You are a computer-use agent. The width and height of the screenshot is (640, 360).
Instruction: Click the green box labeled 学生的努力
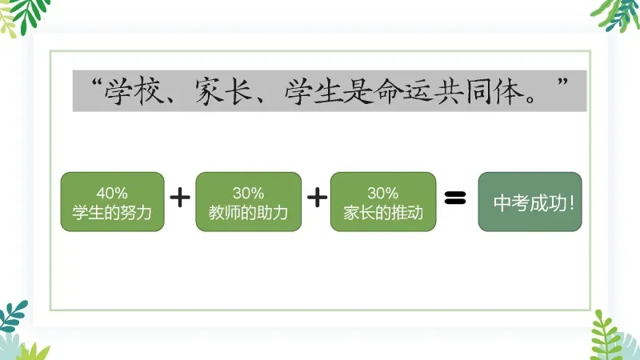112,202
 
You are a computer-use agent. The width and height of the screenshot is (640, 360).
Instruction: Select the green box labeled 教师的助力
248,202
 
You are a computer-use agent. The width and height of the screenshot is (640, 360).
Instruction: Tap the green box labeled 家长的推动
382,202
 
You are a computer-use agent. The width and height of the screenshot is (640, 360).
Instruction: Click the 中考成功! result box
530,202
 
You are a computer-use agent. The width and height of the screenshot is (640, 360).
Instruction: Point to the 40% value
112,193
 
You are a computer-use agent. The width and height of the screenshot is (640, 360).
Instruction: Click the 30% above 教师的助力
248,193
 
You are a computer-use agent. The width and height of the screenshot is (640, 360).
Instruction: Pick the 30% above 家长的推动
382,193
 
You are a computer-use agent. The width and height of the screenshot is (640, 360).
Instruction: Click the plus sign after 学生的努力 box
180,197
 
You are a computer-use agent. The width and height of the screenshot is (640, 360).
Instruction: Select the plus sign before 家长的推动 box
317,197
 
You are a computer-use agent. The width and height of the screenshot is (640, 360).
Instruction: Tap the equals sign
454,198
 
